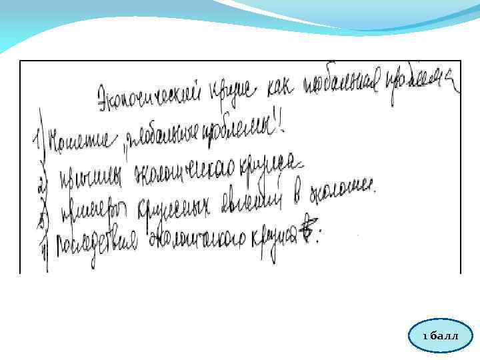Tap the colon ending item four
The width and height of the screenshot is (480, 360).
[318, 235]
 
